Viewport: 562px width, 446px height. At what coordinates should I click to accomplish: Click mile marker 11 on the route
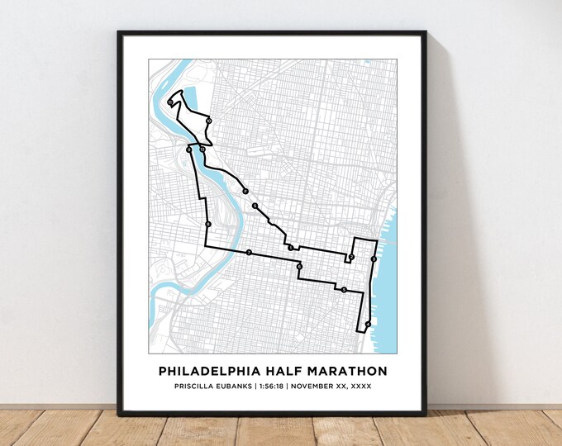[x=169, y=102]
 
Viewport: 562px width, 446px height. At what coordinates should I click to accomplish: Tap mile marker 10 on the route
[x=209, y=121]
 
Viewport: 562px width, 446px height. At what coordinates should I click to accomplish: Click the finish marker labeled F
[x=245, y=192]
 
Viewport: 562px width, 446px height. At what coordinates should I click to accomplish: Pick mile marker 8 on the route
[x=208, y=224]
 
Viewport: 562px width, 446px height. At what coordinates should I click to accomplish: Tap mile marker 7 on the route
[x=248, y=252]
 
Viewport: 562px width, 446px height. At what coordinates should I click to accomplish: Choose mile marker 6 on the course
[x=299, y=267]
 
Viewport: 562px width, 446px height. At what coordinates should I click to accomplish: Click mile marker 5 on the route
[x=343, y=290]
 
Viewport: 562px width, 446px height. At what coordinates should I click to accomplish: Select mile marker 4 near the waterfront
[x=367, y=324]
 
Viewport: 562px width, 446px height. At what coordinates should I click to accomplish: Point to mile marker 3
[x=374, y=259]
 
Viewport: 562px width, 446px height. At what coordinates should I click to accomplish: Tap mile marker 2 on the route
[x=351, y=258]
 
